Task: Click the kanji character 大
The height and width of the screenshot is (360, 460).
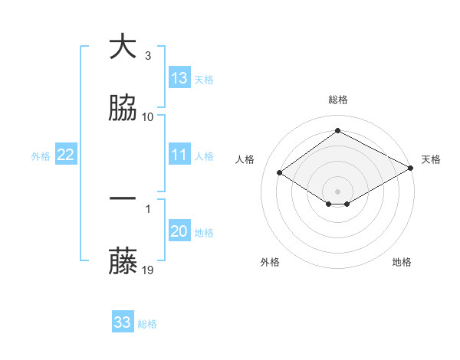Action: coord(123,47)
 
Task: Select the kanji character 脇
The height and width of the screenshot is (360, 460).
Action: coord(123,109)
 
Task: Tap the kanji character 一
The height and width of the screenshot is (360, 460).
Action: coord(123,199)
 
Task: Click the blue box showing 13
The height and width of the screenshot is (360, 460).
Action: coord(179,78)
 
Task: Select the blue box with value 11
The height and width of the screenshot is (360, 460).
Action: coord(179,155)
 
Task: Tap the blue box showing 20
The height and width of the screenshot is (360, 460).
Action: coord(179,231)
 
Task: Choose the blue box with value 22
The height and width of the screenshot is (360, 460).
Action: coord(66,155)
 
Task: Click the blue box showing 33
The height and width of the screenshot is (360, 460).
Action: coord(123,322)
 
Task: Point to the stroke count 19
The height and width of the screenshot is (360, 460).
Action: coord(148,270)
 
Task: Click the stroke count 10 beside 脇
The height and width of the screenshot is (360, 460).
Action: coord(148,116)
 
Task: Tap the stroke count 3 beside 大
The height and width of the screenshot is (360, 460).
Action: coord(148,55)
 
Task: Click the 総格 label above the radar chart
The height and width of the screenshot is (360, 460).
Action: coord(338,100)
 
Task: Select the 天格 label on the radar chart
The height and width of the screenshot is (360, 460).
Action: coord(431,159)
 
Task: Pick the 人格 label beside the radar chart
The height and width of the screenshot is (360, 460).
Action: coord(245,159)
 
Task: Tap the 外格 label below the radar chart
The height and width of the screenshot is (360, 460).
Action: coord(270,262)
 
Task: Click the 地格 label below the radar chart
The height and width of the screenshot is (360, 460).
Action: coord(402,262)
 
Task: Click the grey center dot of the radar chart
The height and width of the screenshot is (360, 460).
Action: coord(338,191)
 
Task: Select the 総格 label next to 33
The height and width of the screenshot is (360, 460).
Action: coord(147,324)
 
